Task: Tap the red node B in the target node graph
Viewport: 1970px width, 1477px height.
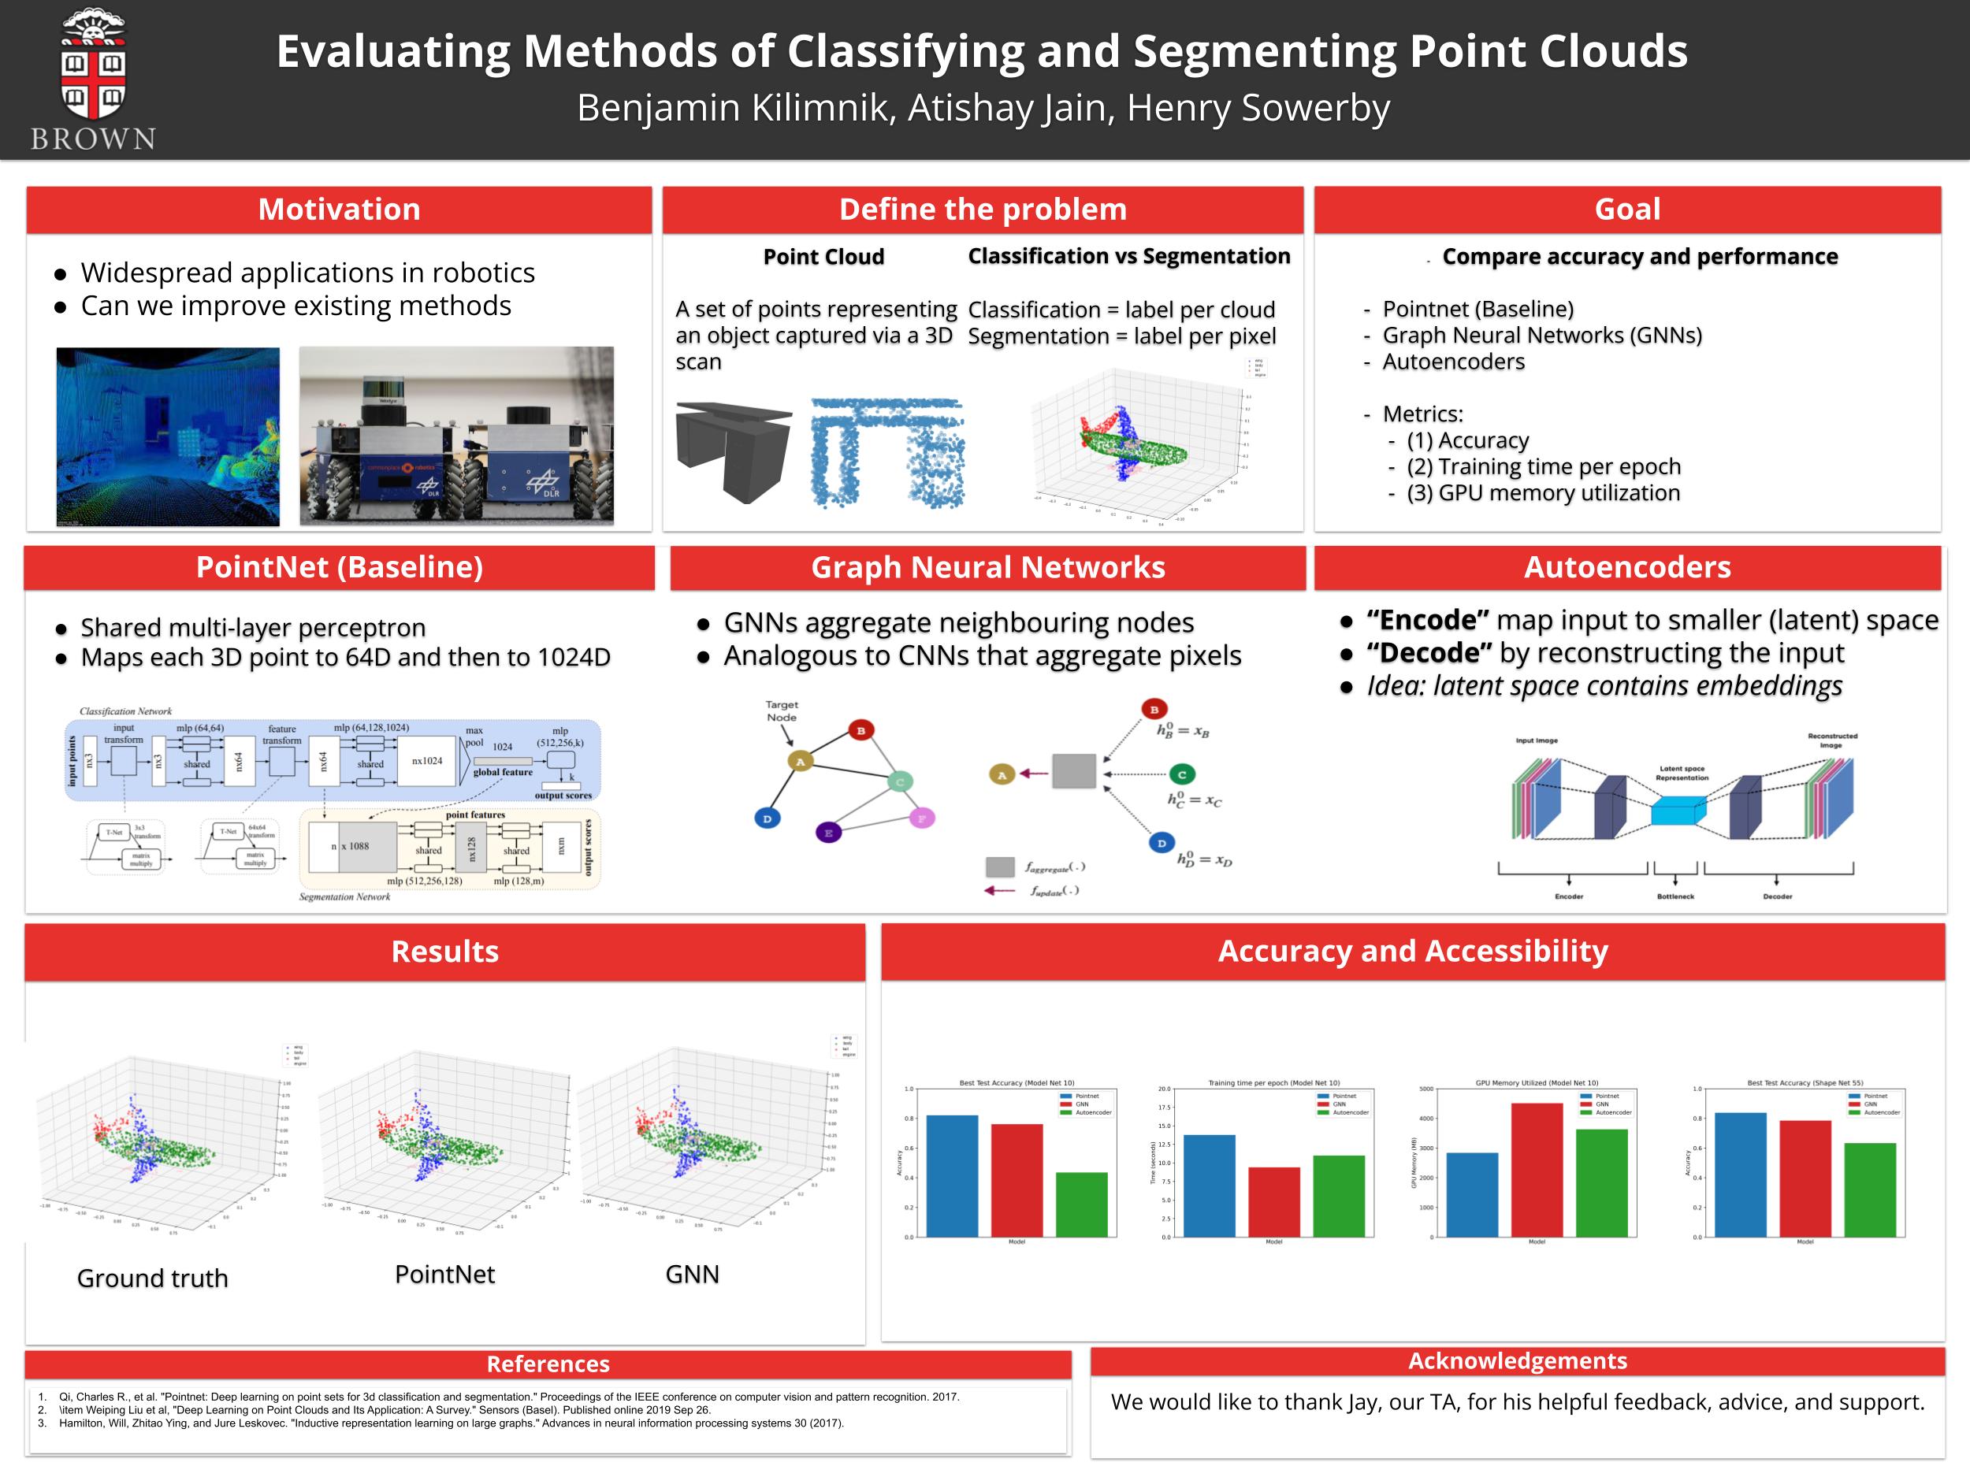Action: coord(860,730)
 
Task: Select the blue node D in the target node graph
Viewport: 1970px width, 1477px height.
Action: coord(767,818)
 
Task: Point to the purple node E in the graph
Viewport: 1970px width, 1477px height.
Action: coord(828,833)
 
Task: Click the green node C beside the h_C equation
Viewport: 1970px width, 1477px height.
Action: coord(1181,774)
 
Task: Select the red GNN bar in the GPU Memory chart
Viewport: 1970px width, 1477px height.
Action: coord(1537,1169)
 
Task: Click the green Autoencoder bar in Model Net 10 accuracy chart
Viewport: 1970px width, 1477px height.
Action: coord(1081,1204)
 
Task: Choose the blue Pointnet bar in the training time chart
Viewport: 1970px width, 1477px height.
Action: coord(1209,1185)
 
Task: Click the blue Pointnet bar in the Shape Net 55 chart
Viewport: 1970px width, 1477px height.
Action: coord(1739,1175)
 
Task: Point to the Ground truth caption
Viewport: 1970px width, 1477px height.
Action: coord(152,1278)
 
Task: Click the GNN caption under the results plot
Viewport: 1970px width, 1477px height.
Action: coord(692,1274)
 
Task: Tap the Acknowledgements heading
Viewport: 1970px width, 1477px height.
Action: coord(1517,1360)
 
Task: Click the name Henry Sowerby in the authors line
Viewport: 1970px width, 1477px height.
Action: coord(1258,108)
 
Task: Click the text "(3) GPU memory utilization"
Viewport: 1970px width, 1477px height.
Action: coord(1543,492)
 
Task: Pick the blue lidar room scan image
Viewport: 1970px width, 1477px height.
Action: coord(167,436)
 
